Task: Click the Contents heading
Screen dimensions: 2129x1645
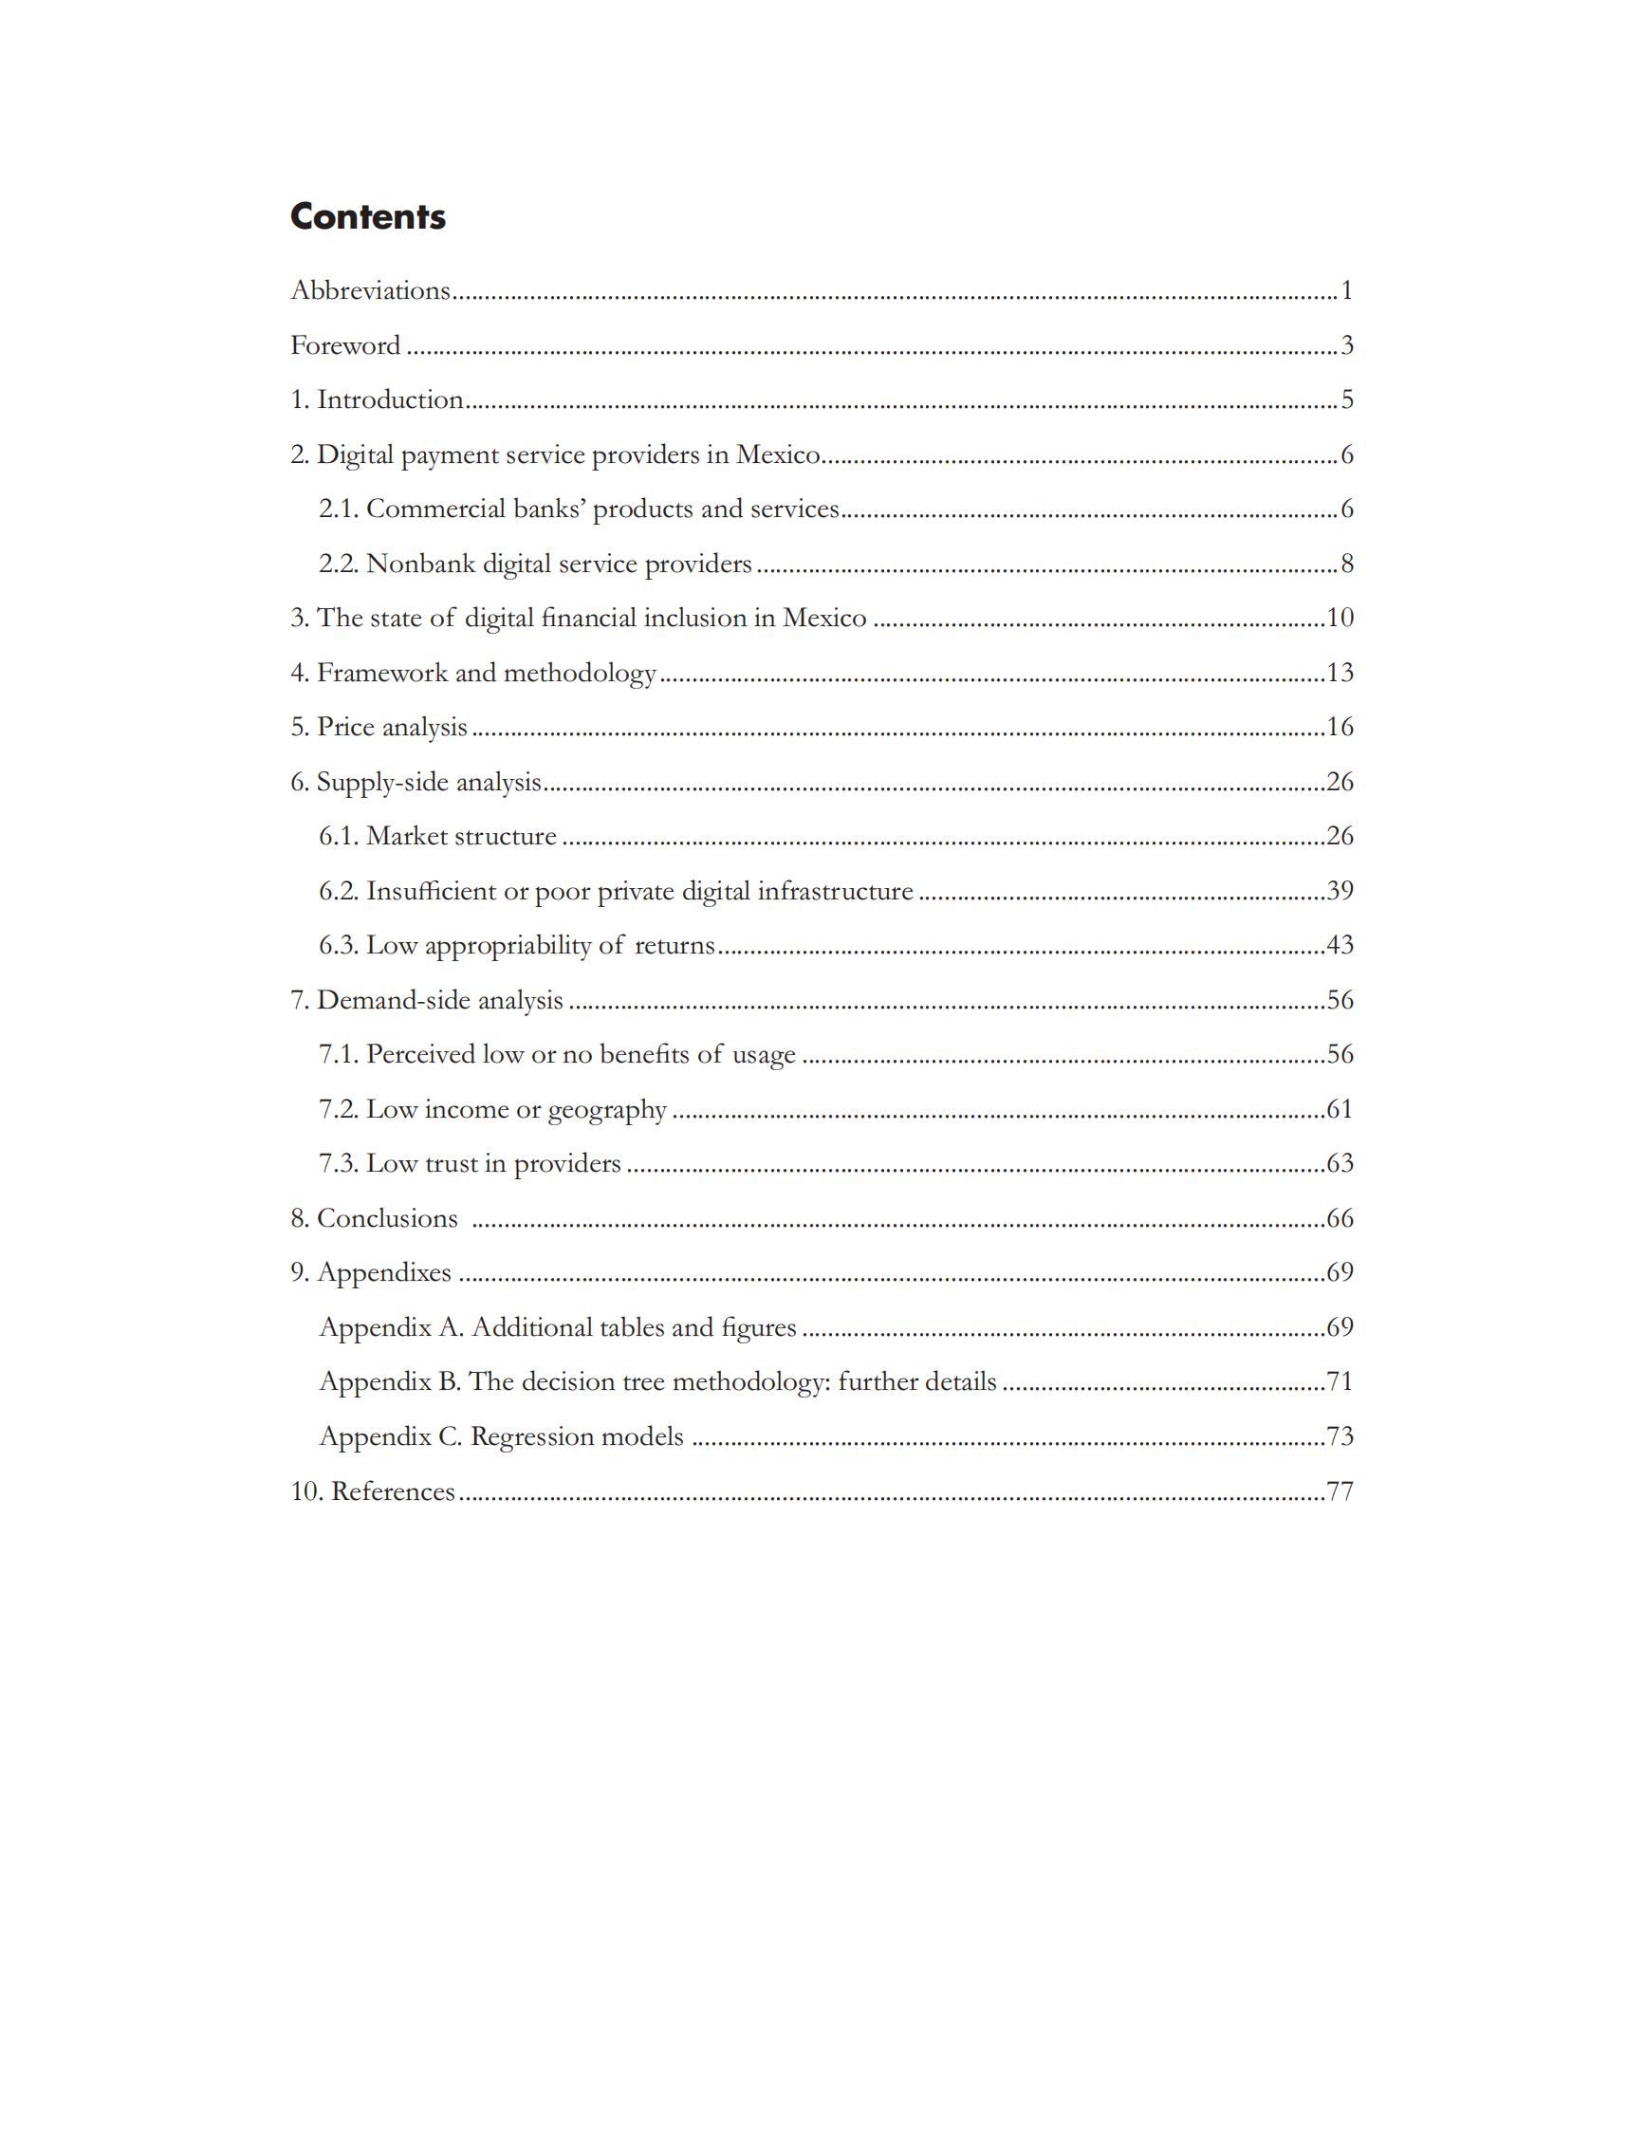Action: pyautogui.click(x=367, y=216)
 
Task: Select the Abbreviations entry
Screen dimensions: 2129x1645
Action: pyautogui.click(x=370, y=290)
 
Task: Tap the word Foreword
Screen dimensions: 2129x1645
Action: pyautogui.click(x=345, y=345)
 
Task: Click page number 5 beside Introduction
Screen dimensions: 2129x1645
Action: pyautogui.click(x=1347, y=399)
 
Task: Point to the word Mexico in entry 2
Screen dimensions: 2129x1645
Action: pyautogui.click(x=778, y=454)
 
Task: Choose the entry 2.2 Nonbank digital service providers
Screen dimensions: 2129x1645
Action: pyautogui.click(x=535, y=564)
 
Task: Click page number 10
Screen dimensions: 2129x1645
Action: pyautogui.click(x=1340, y=617)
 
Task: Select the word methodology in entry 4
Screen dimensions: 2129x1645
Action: pyautogui.click(x=580, y=673)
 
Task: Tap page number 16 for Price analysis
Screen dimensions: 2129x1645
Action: pyautogui.click(x=1340, y=726)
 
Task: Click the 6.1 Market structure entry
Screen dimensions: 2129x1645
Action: pyautogui.click(x=437, y=837)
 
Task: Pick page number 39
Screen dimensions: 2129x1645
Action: pyautogui.click(x=1340, y=890)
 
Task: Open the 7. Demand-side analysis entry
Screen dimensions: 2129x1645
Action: pyautogui.click(x=427, y=1000)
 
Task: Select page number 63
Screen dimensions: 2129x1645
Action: pyautogui.click(x=1340, y=1163)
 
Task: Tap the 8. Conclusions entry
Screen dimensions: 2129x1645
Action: pyautogui.click(x=374, y=1218)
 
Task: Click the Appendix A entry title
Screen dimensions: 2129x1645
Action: pyautogui.click(x=558, y=1327)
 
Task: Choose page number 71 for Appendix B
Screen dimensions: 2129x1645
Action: pyautogui.click(x=1340, y=1381)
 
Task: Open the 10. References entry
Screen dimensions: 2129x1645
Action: pyautogui.click(x=373, y=1491)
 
